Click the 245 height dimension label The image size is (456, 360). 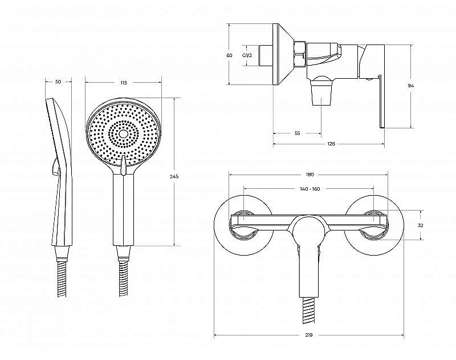pos(174,176)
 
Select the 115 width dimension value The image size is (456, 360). pos(124,83)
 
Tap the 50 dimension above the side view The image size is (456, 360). pos(58,82)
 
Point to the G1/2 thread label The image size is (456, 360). pos(247,55)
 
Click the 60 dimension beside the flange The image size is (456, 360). pos(230,55)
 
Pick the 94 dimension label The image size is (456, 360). pos(410,86)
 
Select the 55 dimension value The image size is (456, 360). pos(297,134)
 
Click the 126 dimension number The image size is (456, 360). pos(331,143)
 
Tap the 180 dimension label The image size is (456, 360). pos(310,175)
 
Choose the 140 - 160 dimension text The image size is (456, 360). pos(310,189)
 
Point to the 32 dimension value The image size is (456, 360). pos(420,225)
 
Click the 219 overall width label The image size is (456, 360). pos(309,335)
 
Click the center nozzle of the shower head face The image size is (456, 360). pos(124,134)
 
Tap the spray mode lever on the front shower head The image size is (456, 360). pos(123,165)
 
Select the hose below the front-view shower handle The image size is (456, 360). pos(123,278)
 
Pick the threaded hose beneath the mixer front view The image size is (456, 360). pos(308,311)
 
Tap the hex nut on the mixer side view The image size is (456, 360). pos(300,54)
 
